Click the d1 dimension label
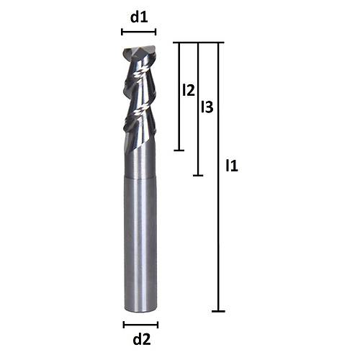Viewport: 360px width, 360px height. click(x=139, y=16)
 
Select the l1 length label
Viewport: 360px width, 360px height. click(x=232, y=166)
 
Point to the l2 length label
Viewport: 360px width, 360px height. click(x=189, y=91)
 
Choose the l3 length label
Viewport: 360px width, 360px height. click(x=207, y=108)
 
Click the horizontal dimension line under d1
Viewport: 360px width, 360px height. click(x=139, y=32)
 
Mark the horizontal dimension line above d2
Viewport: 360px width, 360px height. click(x=140, y=324)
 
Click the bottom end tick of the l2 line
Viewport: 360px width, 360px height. click(x=180, y=150)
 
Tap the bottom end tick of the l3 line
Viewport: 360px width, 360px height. click(x=199, y=175)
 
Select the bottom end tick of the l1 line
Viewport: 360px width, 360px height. click(x=219, y=311)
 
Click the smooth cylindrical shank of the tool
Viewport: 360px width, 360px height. click(x=140, y=245)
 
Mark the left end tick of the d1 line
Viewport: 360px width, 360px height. click(x=122, y=32)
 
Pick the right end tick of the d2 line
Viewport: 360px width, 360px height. click(x=158, y=324)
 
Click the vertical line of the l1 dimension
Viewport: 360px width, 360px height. click(x=219, y=216)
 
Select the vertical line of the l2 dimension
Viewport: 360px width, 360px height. click(x=180, y=122)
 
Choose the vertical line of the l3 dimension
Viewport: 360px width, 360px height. click(x=199, y=144)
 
